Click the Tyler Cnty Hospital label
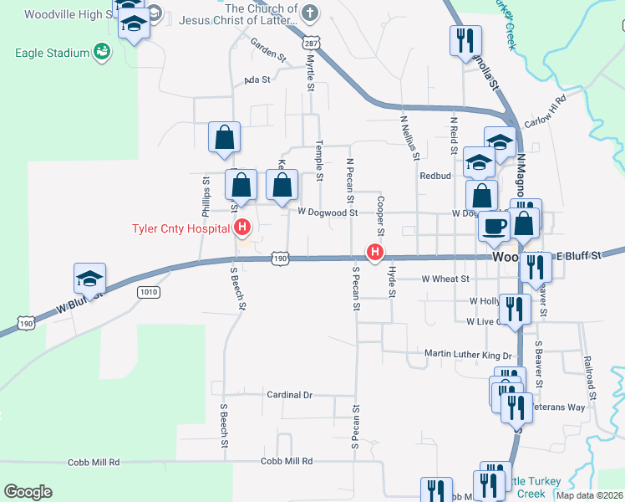pyautogui.click(x=180, y=228)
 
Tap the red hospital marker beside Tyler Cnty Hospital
pyautogui.click(x=243, y=227)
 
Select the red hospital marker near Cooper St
pyautogui.click(x=376, y=250)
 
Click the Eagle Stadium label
pyautogui.click(x=52, y=53)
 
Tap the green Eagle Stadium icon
pyautogui.click(x=102, y=53)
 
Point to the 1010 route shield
pyautogui.click(x=148, y=291)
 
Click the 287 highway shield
pyautogui.click(x=311, y=42)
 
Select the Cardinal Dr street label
pyautogui.click(x=289, y=394)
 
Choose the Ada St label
pyautogui.click(x=257, y=80)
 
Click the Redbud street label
pyautogui.click(x=435, y=177)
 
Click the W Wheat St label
pyautogui.click(x=445, y=279)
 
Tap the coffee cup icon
pyautogui.click(x=494, y=226)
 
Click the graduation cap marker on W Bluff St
pyautogui.click(x=90, y=279)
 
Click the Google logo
pyautogui.click(x=28, y=492)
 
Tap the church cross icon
pyautogui.click(x=309, y=13)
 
